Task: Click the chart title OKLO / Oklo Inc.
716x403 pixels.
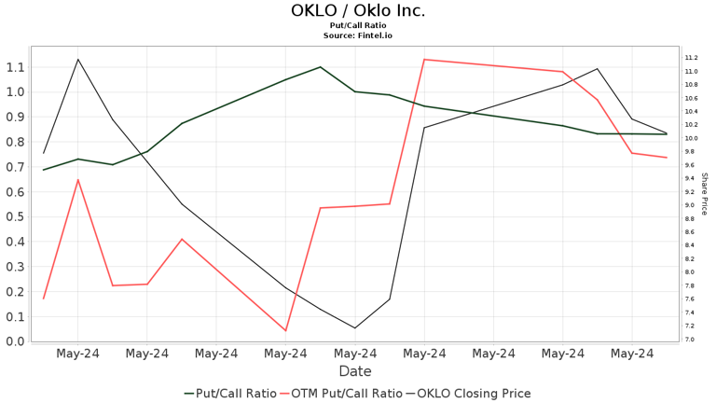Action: (358, 11)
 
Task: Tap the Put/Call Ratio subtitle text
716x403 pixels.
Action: (358, 26)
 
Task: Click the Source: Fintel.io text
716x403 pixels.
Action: (358, 35)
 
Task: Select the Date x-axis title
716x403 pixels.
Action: (355, 371)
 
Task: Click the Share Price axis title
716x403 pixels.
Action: (705, 193)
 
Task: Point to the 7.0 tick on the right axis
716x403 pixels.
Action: (689, 340)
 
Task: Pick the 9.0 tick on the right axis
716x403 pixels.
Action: (689, 205)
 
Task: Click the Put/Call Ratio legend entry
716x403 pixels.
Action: (230, 394)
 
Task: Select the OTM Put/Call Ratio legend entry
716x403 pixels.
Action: (342, 394)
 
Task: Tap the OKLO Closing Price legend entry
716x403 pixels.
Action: (470, 394)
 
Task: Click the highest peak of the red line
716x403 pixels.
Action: (424, 60)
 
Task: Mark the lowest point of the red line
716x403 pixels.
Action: (285, 330)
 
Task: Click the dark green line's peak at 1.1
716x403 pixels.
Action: (321, 67)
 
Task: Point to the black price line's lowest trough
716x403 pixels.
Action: (354, 327)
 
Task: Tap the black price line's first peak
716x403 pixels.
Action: (77, 60)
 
